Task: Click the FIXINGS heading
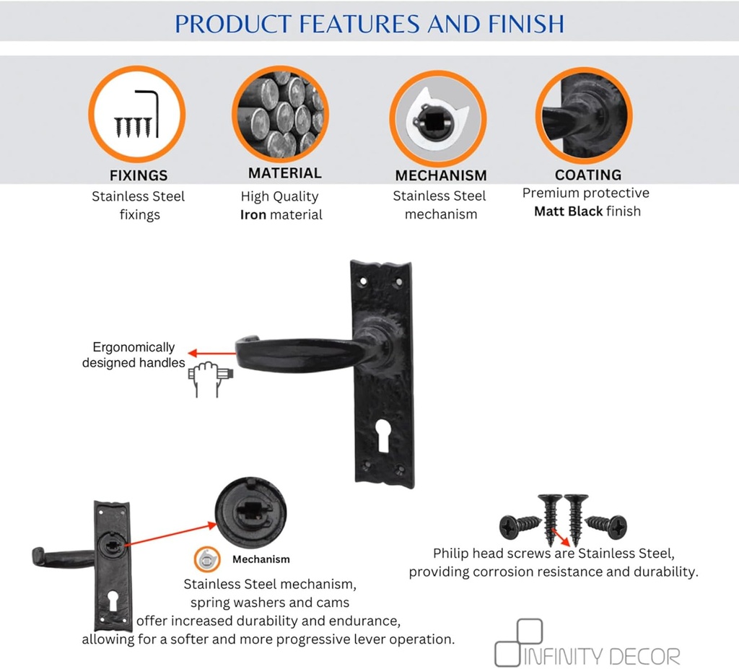(x=139, y=175)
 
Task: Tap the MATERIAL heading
(x=284, y=173)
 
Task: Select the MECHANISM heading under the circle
(x=441, y=175)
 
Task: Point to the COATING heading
(x=587, y=175)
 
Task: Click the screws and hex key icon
(x=136, y=114)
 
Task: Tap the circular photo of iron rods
(x=281, y=114)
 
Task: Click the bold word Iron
(x=253, y=215)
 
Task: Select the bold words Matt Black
(x=569, y=211)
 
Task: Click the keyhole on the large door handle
(x=382, y=436)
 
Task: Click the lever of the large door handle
(x=302, y=353)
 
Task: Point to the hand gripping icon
(x=210, y=379)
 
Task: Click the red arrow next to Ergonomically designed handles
(x=211, y=353)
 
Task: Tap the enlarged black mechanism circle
(x=250, y=512)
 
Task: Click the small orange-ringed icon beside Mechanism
(x=207, y=559)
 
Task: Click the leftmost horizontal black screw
(x=520, y=526)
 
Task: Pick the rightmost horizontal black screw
(x=606, y=526)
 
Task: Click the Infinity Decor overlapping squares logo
(x=518, y=642)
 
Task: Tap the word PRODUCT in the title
(x=233, y=24)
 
